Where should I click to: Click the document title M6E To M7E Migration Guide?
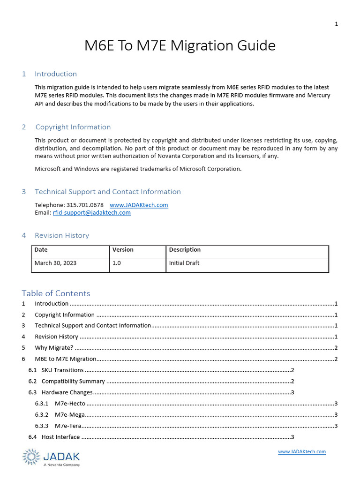click(180, 46)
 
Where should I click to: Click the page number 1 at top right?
click(336, 24)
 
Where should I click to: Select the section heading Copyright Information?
click(73, 127)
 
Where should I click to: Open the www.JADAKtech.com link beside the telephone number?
click(139, 205)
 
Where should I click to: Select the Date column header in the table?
click(41, 250)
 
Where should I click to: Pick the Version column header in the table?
click(123, 250)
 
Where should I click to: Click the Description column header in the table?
click(185, 250)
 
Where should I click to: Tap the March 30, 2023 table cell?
click(55, 263)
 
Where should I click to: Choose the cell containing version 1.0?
click(117, 263)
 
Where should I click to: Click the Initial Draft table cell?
click(184, 263)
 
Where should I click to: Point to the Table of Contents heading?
click(56, 293)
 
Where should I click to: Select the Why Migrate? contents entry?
click(54, 348)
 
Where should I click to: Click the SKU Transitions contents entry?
click(62, 370)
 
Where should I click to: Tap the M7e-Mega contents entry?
click(70, 415)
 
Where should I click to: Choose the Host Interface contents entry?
click(60, 437)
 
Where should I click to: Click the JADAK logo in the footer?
click(51, 457)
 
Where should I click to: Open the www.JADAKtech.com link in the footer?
click(301, 452)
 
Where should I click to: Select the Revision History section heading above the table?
click(62, 235)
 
